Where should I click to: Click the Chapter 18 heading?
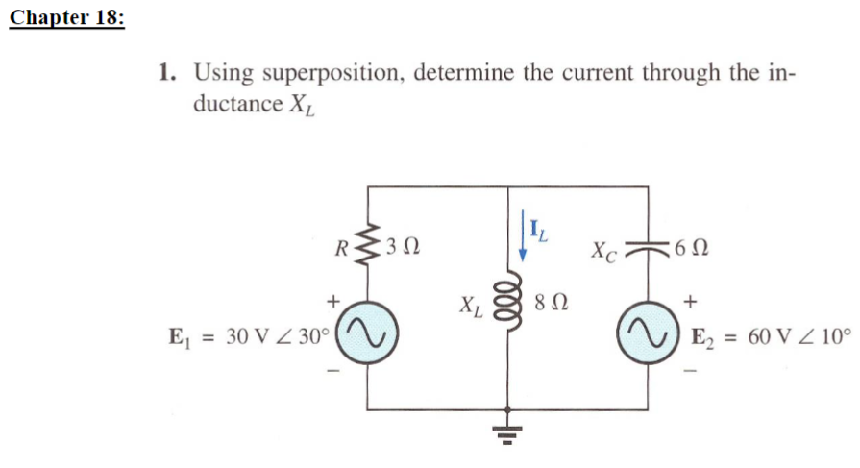[x=66, y=19]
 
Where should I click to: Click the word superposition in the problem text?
[x=330, y=74]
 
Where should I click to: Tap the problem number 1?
[x=167, y=74]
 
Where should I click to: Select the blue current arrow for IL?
[x=522, y=237]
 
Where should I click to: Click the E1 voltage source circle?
[x=368, y=333]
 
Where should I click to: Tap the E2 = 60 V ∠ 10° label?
[x=771, y=335]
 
